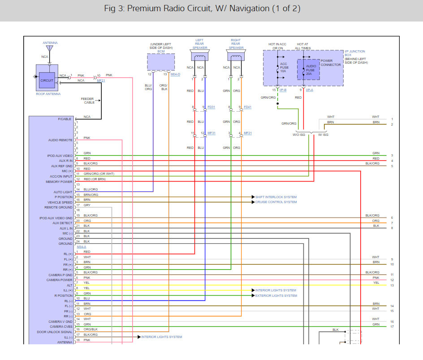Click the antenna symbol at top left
click(x=50, y=48)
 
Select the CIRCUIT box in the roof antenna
click(x=47, y=80)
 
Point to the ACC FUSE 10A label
click(x=284, y=68)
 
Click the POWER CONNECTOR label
click(x=330, y=62)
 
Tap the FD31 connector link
click(x=211, y=107)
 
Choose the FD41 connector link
click(x=247, y=107)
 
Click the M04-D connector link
click(x=175, y=74)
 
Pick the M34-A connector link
click(x=81, y=247)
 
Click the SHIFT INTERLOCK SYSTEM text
click(x=276, y=197)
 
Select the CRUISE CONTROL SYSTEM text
click(x=276, y=202)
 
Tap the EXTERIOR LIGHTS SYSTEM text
click(x=276, y=295)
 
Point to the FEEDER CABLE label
click(x=88, y=100)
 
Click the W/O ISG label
click(x=299, y=134)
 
